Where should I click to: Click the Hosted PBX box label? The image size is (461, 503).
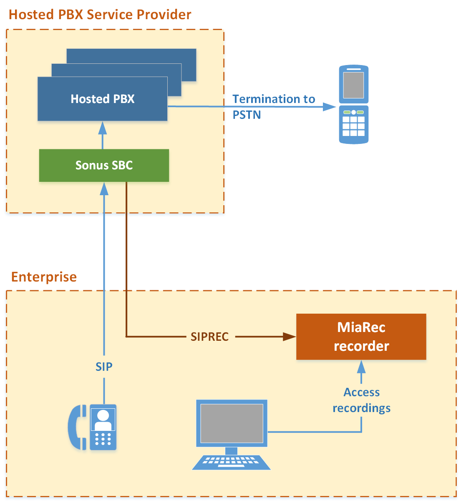103,99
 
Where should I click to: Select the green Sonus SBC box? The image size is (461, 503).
104,165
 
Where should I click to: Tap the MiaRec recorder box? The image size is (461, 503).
361,337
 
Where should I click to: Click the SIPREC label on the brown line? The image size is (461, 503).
209,337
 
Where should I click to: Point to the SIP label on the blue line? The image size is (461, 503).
104,367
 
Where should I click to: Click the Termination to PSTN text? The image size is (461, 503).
273,106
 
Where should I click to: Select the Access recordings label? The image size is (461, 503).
361,400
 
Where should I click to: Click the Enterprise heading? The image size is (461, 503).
44,277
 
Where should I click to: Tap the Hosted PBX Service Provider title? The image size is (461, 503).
100,15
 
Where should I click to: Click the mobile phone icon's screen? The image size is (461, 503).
353,85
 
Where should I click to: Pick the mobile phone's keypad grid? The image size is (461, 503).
353,126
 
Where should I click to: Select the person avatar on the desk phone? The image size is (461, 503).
103,420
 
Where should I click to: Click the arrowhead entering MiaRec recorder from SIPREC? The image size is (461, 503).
290,337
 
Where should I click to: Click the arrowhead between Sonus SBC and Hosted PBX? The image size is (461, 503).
103,128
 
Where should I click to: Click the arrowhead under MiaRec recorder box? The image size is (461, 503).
361,367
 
